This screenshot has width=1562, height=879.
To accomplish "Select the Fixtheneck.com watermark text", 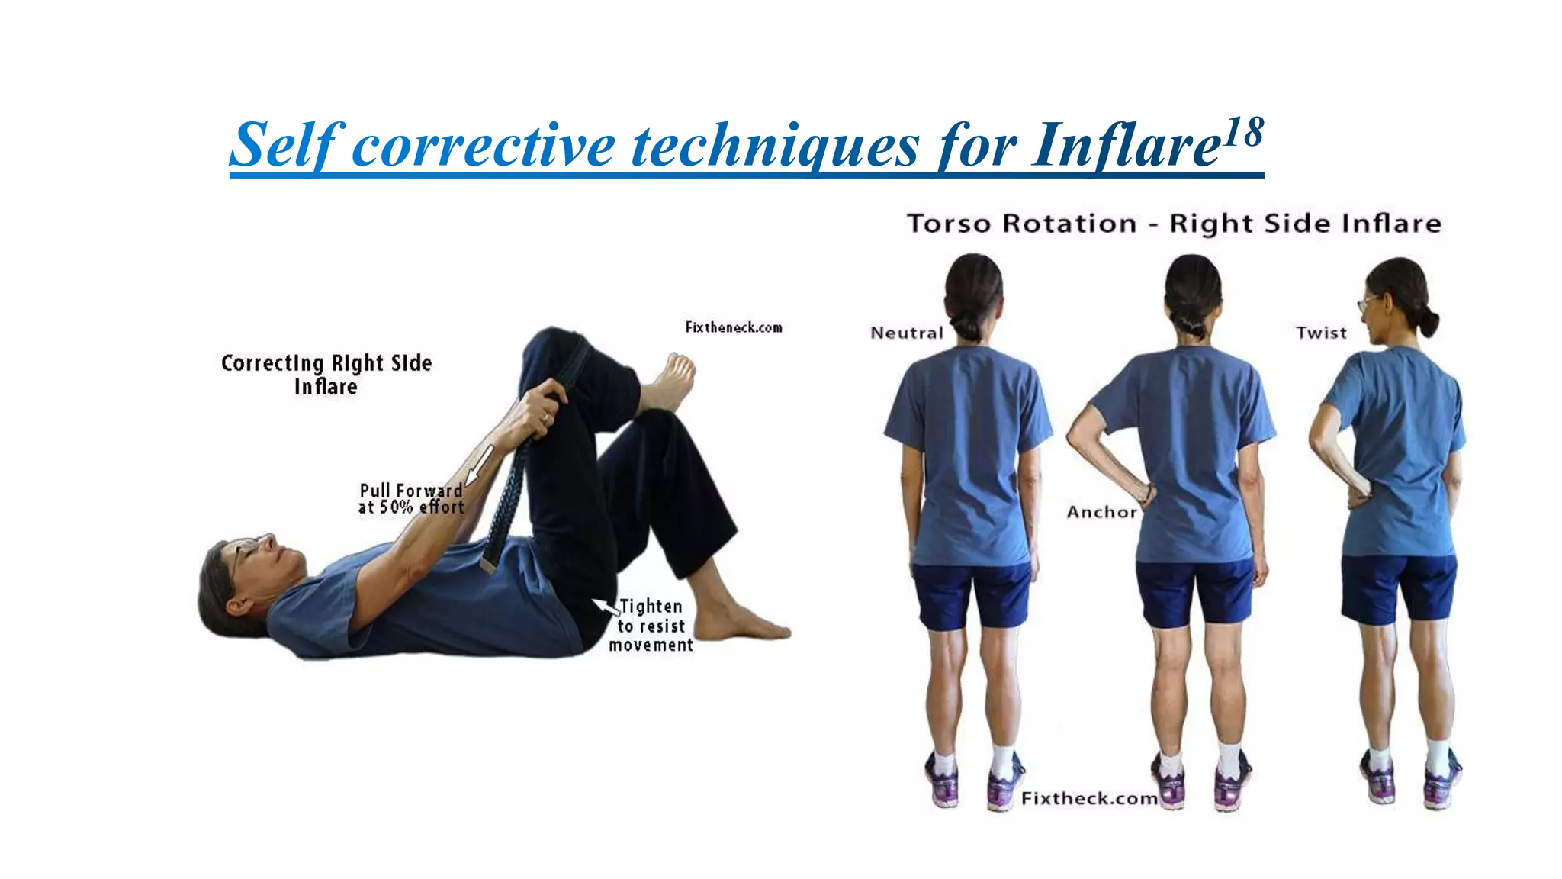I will [x=734, y=327].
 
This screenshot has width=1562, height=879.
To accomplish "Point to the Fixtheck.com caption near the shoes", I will [x=1089, y=798].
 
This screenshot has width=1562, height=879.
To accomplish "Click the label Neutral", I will [x=907, y=333].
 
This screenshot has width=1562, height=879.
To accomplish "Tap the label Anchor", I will [x=1101, y=512].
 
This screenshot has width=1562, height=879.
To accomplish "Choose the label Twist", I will [x=1321, y=333].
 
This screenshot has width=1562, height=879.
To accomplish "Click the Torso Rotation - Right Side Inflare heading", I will [x=1174, y=224].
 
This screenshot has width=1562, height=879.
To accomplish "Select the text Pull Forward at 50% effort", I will [x=411, y=498].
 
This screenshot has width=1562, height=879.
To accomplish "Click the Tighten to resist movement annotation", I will [x=651, y=626].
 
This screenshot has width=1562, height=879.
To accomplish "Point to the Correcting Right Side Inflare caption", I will [x=326, y=374].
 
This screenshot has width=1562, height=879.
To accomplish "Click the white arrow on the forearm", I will [x=480, y=463].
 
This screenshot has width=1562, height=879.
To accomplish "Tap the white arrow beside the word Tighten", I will [x=606, y=606].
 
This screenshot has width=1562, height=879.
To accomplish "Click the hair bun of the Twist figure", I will [x=1429, y=323].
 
